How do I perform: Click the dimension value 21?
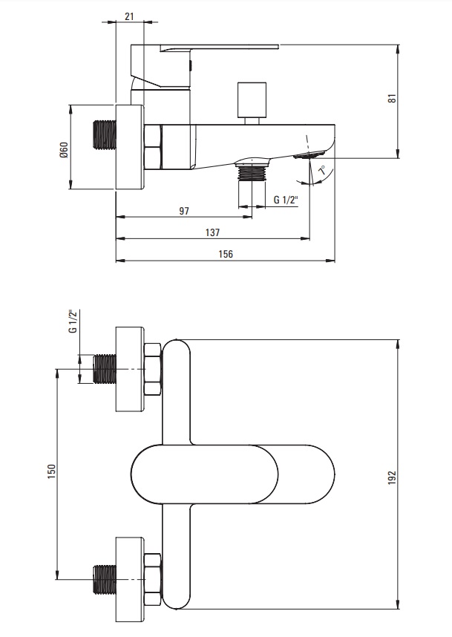129,16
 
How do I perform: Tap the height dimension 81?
391,98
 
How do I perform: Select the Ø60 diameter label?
64,150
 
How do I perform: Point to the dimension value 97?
184,211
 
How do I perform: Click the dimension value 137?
212,232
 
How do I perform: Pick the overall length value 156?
226,254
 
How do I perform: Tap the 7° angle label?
322,170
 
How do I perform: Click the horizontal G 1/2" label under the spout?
286,200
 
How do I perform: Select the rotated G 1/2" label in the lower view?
73,321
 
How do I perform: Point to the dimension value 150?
51,471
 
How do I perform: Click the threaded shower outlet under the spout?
252,171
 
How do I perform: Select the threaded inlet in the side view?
105,134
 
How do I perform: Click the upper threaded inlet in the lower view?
105,369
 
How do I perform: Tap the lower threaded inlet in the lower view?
105,579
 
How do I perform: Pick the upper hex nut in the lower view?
153,369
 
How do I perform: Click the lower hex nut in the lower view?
153,579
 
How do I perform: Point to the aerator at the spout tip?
309,154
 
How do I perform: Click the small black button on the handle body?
191,65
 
